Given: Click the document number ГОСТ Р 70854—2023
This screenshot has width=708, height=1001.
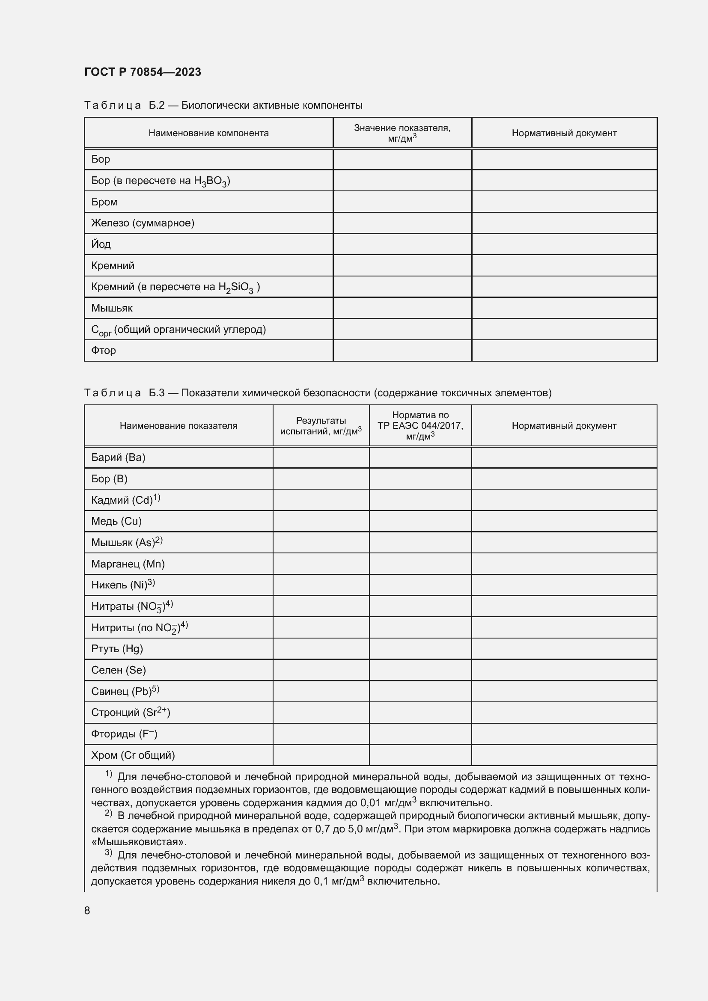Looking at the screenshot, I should pyautogui.click(x=143, y=72).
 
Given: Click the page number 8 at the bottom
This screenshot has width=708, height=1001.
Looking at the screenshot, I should pyautogui.click(x=87, y=910).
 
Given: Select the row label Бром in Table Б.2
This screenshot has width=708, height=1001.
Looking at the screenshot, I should pyautogui.click(x=104, y=202).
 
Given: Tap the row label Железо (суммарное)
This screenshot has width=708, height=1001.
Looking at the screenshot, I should pyautogui.click(x=143, y=223).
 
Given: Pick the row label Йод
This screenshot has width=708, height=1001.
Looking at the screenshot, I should pyautogui.click(x=101, y=244).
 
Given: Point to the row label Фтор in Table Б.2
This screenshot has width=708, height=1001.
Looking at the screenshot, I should pyautogui.click(x=103, y=350).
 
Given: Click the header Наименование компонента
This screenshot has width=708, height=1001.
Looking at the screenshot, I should pyautogui.click(x=208, y=133).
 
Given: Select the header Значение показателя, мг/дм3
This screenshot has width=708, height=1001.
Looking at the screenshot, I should pyautogui.click(x=402, y=133).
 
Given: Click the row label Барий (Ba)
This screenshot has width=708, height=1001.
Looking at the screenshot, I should pyautogui.click(x=118, y=457).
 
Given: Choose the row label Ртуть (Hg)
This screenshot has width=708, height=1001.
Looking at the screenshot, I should pyautogui.click(x=117, y=649).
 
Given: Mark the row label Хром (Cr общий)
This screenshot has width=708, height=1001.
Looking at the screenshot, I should pyautogui.click(x=133, y=755).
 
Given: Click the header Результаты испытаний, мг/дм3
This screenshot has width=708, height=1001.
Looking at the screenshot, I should pyautogui.click(x=321, y=425).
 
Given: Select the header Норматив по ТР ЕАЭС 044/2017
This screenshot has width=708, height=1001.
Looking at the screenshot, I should pyautogui.click(x=420, y=425).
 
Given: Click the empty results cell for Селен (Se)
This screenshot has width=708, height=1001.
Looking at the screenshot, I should pyautogui.click(x=321, y=670).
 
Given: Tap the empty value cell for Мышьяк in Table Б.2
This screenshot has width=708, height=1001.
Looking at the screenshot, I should pyautogui.click(x=402, y=308).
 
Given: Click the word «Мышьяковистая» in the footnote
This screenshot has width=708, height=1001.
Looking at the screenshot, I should pyautogui.click(x=139, y=842).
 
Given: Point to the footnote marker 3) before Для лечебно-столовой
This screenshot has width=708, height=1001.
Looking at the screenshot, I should pyautogui.click(x=109, y=853).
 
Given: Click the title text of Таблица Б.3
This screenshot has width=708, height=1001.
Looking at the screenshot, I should pyautogui.click(x=317, y=393).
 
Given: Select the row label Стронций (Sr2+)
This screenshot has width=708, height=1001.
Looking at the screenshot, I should pyautogui.click(x=131, y=713).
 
